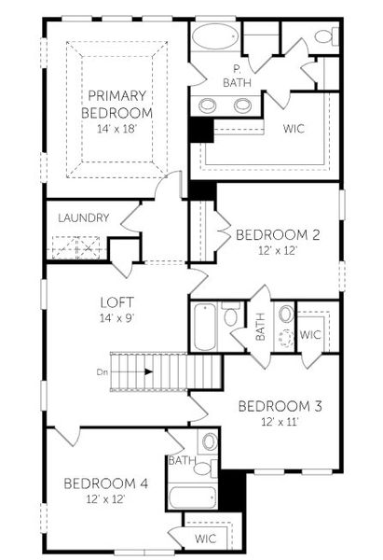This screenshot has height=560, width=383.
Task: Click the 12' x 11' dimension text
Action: click(279, 421)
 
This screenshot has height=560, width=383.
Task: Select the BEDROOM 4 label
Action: click(105, 483)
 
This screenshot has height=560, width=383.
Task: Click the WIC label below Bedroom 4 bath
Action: click(205, 539)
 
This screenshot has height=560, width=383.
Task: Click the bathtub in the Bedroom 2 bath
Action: click(205, 327)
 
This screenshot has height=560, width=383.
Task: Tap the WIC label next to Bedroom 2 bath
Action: click(310, 334)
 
